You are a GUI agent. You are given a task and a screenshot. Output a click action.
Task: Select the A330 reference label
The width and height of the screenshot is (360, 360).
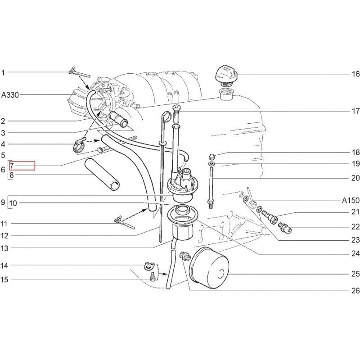(x=10, y=95)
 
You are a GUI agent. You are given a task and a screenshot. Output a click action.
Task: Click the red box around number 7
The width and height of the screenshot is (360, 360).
(x=22, y=166)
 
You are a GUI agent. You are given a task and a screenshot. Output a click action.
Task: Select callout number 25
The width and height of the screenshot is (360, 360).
(x=355, y=273)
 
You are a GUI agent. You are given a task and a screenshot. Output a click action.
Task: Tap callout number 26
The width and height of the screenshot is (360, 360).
(x=355, y=291)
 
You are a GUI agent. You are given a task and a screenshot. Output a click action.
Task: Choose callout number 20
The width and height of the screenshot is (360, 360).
(x=355, y=178)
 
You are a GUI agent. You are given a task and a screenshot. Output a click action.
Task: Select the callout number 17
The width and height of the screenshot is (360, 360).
(x=355, y=111)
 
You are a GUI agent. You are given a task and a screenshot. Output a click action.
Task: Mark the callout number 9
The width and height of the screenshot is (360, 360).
(x=3, y=203)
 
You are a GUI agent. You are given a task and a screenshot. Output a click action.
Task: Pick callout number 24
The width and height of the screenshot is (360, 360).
(x=355, y=253)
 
